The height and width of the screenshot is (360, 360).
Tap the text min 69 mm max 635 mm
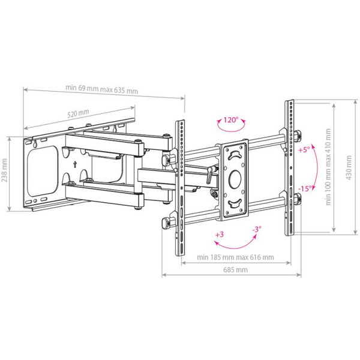[101, 89]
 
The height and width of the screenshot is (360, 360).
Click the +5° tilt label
[304, 150]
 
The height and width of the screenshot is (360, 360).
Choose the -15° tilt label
[305, 188]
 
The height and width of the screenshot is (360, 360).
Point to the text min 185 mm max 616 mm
[236, 257]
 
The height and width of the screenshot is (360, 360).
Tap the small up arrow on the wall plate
[74, 163]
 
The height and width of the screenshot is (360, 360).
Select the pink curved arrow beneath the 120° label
[228, 130]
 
